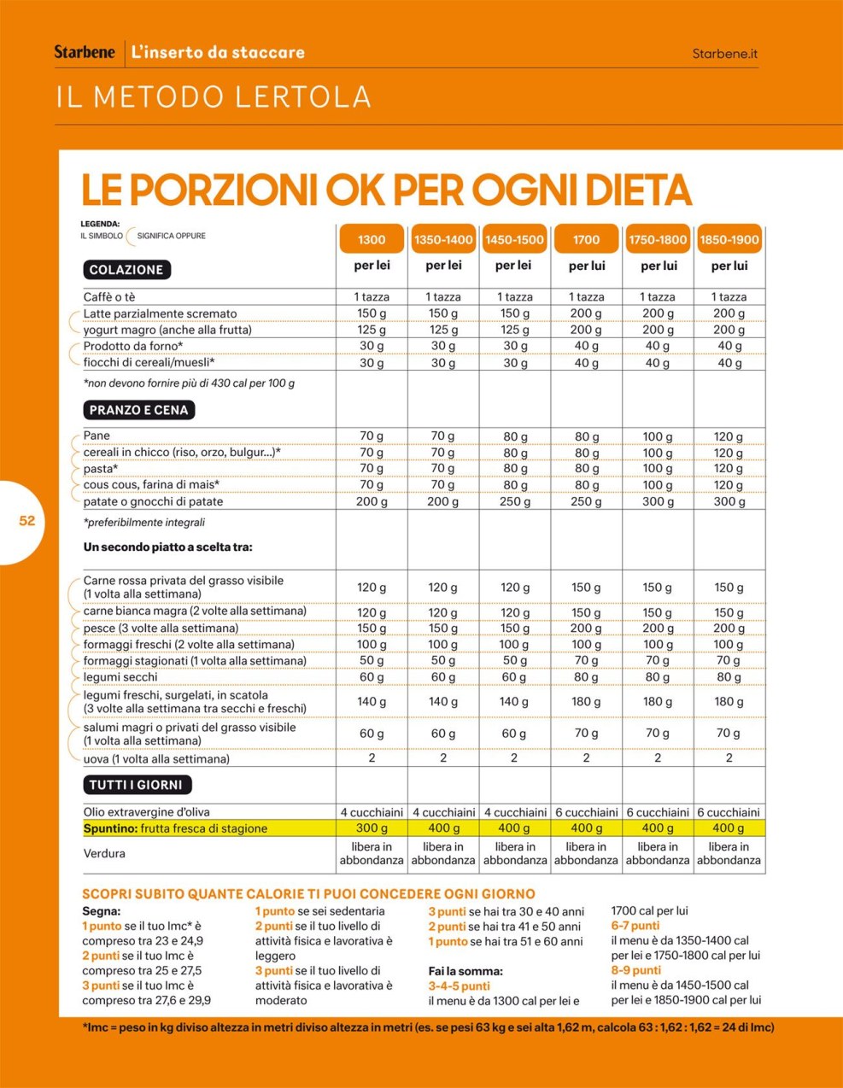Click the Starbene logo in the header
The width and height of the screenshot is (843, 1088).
[85, 52]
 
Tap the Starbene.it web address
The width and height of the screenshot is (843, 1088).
[724, 53]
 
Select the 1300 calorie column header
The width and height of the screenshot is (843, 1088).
[372, 240]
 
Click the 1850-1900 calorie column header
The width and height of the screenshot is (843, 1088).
[729, 240]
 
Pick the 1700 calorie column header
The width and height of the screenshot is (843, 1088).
[586, 240]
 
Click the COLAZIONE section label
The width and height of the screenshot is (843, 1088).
[126, 270]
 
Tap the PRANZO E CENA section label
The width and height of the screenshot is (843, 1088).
[138, 410]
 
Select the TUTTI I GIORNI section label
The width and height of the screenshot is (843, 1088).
[137, 785]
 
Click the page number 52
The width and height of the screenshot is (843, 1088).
[27, 521]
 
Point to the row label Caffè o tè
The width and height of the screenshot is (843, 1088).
[109, 297]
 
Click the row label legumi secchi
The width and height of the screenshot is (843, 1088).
[120, 677]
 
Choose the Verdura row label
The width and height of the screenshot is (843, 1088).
[104, 853]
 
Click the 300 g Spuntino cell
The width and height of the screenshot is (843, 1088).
[372, 828]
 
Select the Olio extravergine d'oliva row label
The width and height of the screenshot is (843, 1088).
[146, 812]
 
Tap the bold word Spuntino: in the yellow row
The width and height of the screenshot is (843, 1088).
[110, 828]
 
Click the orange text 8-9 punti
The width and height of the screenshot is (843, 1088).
[635, 970]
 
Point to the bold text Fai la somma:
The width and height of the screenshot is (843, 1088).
[465, 971]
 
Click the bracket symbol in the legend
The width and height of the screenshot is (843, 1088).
[129, 237]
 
